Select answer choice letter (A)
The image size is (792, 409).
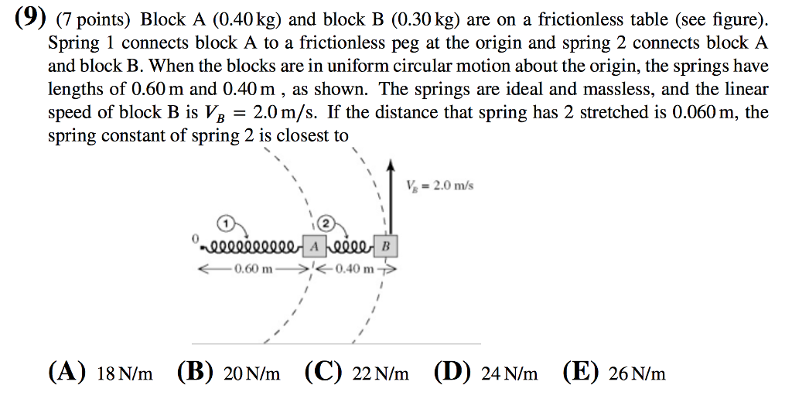coord(67,373)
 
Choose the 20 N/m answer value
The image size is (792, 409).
coord(251,373)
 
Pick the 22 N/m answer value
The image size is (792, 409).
coord(381,373)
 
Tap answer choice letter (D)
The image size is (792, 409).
coord(452,373)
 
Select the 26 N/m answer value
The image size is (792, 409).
coord(637,373)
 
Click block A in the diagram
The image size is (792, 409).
coord(314,247)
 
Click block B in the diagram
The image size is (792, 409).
coord(385,247)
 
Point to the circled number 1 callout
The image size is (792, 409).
coord(226,222)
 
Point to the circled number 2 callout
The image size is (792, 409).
coord(326,222)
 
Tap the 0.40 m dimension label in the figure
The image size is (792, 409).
coord(353,268)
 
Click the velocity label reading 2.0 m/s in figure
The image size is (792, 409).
coord(440,186)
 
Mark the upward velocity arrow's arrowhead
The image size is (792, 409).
coord(390,164)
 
